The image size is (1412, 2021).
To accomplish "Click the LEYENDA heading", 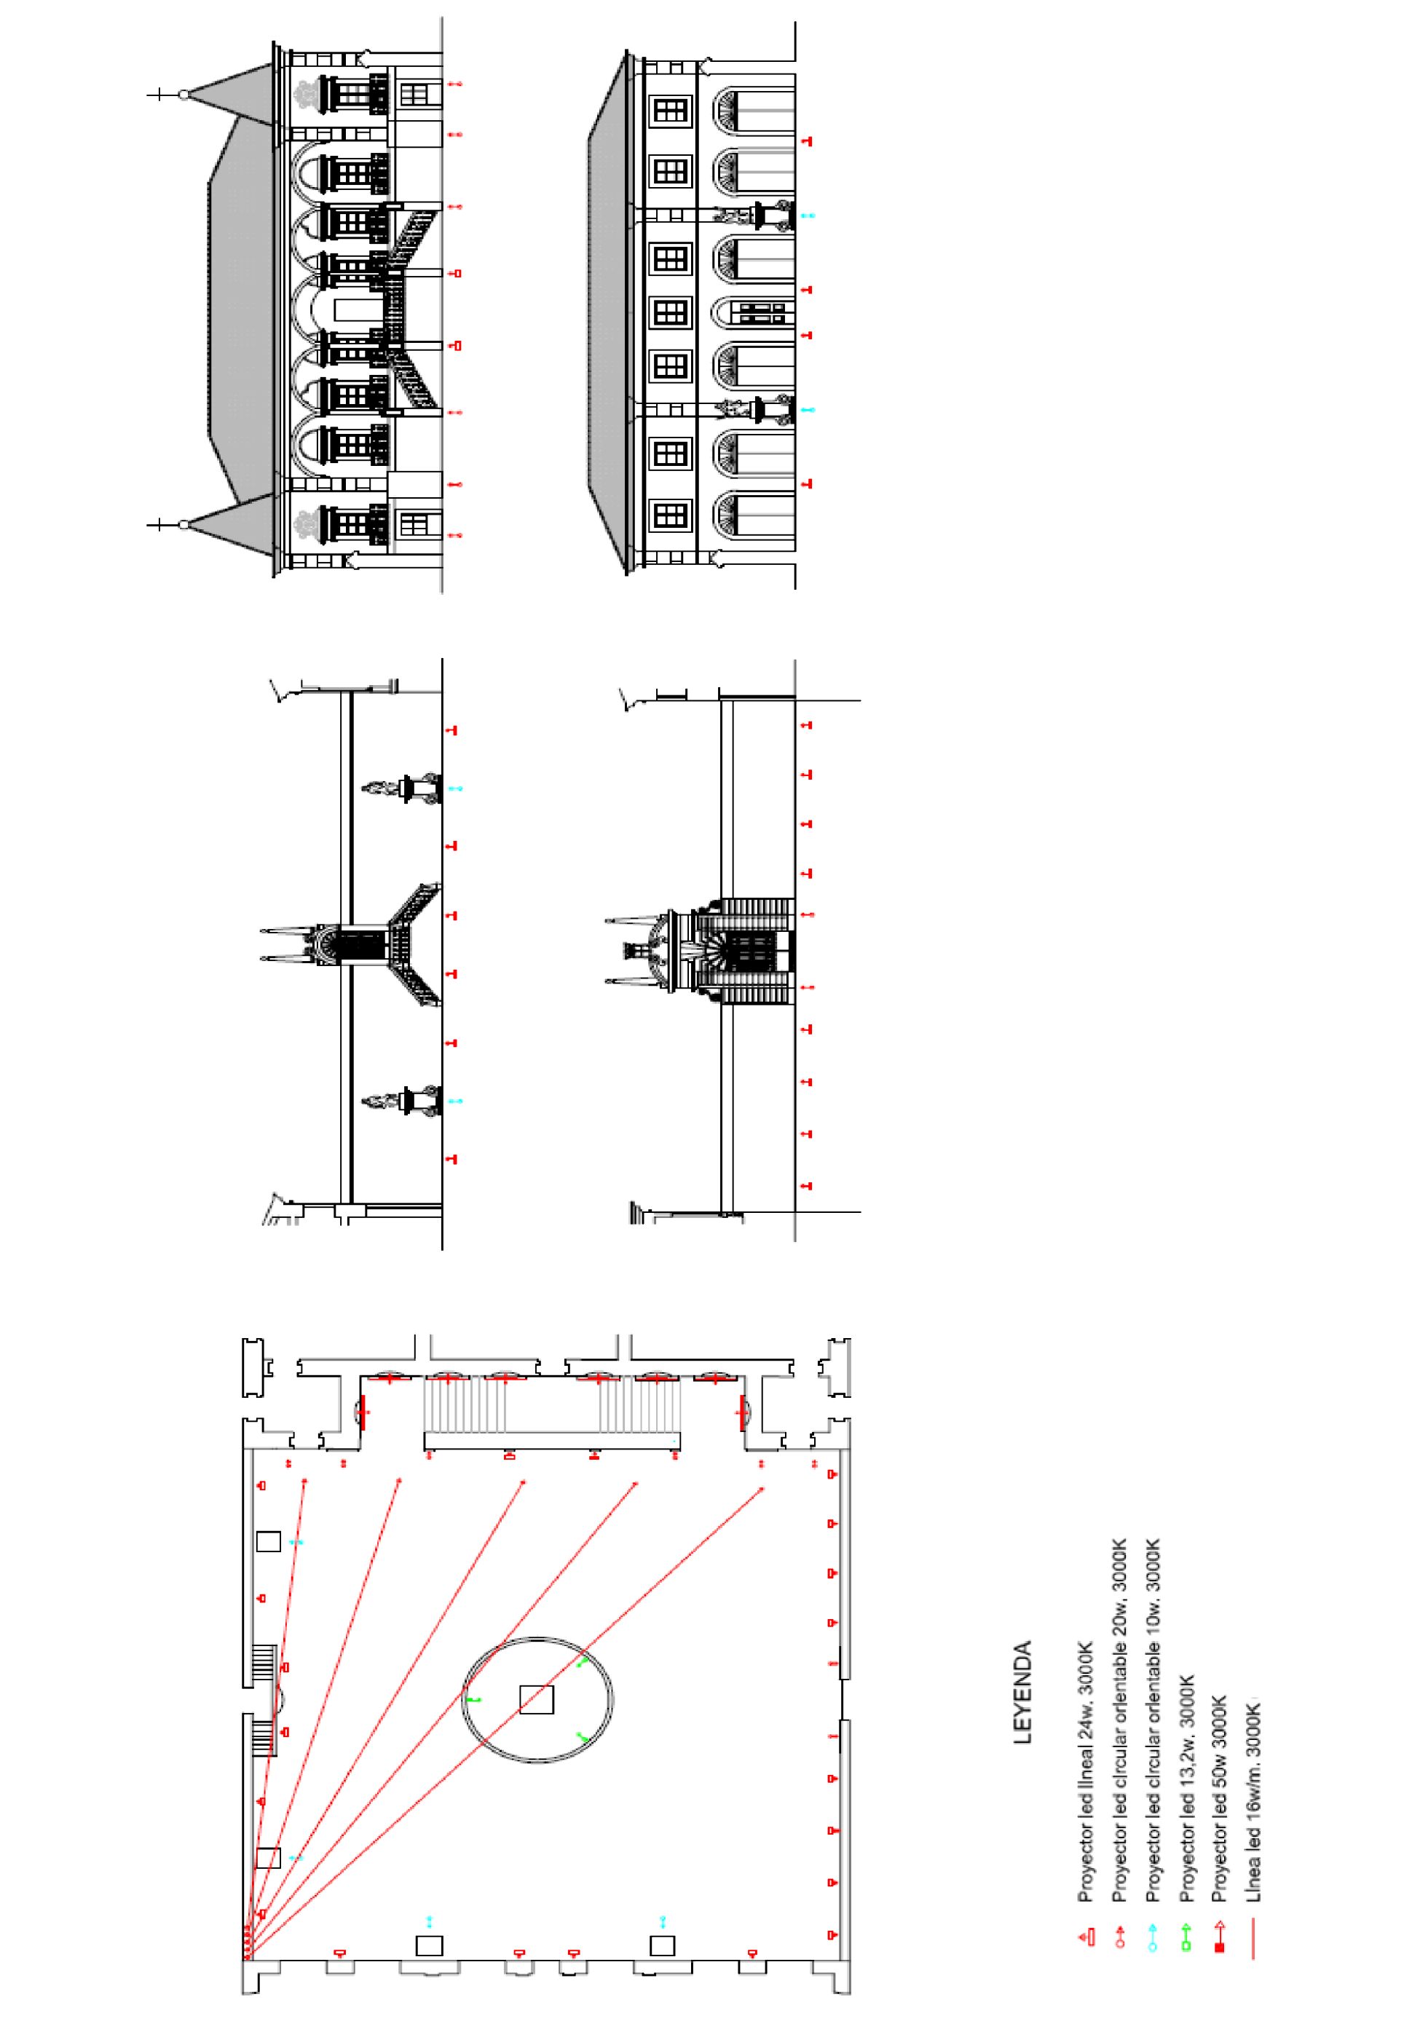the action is [x=1021, y=1692].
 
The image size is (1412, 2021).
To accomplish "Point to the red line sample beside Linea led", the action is [x=1253, y=1937].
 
